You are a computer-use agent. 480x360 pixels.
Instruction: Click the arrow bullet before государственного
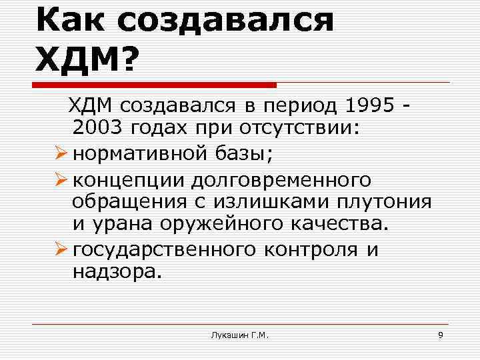coord(62,251)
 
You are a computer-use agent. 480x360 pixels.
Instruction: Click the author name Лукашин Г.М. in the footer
coord(239,334)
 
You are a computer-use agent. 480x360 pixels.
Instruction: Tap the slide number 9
coord(440,334)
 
